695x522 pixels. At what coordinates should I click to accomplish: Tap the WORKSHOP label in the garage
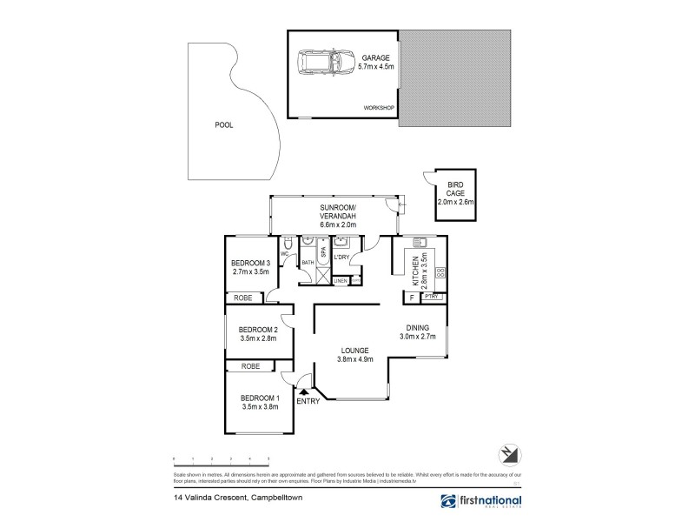click(x=379, y=108)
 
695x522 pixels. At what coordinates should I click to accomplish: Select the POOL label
click(x=223, y=125)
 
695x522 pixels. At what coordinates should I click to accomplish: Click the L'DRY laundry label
click(x=341, y=258)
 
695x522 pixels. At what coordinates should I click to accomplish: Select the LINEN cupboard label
click(x=341, y=281)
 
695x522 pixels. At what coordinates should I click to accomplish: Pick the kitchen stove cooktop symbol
click(x=440, y=273)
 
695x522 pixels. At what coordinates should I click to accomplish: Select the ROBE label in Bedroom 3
click(x=244, y=298)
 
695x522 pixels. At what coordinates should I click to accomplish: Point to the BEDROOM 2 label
click(x=258, y=330)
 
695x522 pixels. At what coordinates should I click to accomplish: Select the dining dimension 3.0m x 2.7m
click(x=417, y=336)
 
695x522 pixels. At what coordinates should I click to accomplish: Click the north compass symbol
click(x=508, y=454)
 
